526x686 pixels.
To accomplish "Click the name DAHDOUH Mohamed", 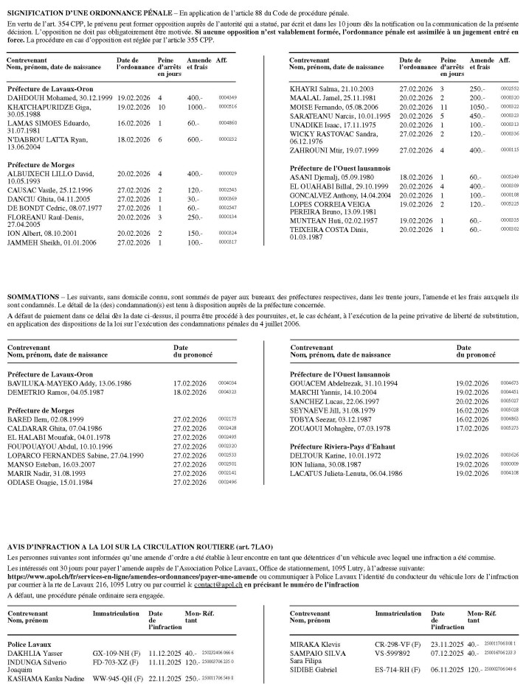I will [x=37, y=97].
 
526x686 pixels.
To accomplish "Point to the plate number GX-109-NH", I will [x=111, y=652].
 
